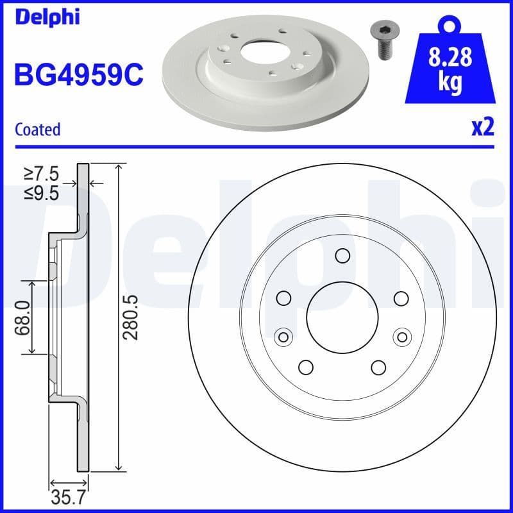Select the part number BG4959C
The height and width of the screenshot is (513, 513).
click(x=78, y=76)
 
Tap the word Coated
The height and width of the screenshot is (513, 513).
click(x=37, y=130)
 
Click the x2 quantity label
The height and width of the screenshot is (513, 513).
click(x=482, y=128)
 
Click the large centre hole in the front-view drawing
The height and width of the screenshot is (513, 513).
click(x=342, y=316)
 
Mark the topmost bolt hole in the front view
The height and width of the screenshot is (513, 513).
click(x=342, y=256)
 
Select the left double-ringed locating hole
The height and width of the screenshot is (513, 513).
click(x=282, y=336)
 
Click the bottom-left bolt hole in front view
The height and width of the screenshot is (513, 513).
click(x=305, y=367)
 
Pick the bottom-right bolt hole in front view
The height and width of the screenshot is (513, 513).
click(x=378, y=367)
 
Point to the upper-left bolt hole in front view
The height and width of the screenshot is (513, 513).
click(x=283, y=298)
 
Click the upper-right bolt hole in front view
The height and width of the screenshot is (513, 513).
click(x=401, y=298)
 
